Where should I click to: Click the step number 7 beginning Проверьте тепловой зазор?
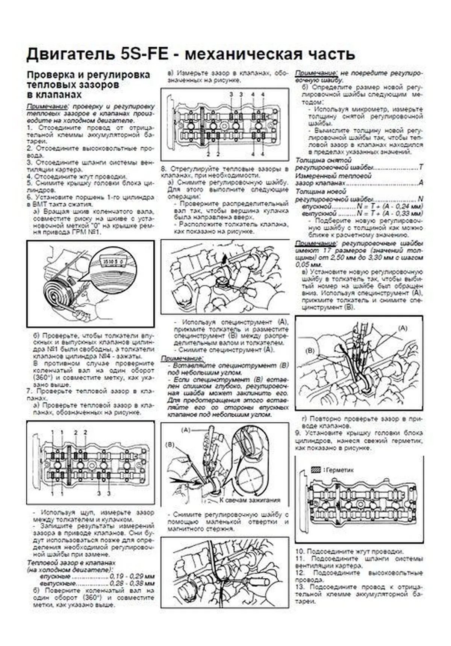click(28, 391)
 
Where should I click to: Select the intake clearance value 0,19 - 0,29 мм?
click(132, 576)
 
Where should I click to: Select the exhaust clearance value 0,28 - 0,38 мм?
click(132, 584)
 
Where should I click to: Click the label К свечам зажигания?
click(250, 500)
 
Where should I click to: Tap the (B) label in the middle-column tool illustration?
click(170, 444)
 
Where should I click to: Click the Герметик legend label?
click(340, 470)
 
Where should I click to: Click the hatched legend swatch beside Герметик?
click(316, 470)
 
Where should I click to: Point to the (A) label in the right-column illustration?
click(402, 328)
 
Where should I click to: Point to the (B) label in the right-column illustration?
click(310, 350)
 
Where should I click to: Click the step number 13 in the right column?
click(300, 587)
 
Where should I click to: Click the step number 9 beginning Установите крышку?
click(297, 433)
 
